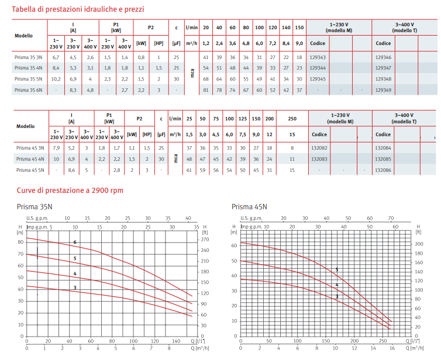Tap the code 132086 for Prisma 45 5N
click(x=384, y=170)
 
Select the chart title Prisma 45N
click(x=249, y=206)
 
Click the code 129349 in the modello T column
click(x=384, y=89)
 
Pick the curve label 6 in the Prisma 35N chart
click(x=75, y=242)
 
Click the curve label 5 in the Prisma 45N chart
click(x=337, y=270)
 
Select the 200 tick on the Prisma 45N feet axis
click(x=419, y=244)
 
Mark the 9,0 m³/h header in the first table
click(x=299, y=43)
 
